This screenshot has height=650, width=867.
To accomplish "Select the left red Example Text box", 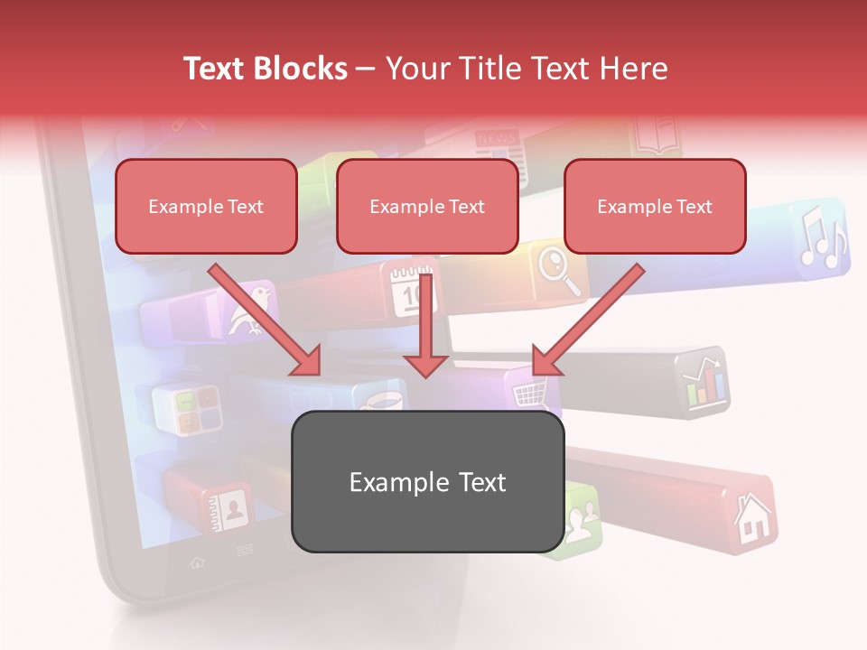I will pos(206,207).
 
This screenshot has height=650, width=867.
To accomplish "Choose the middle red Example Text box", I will pos(427,207).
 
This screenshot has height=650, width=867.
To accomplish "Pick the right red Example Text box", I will pos(655,207).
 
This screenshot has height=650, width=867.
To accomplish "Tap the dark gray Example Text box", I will pos(427,481).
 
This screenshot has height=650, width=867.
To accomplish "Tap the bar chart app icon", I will pos(704,382).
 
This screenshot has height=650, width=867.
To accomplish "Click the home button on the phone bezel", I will pos(196,562).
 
